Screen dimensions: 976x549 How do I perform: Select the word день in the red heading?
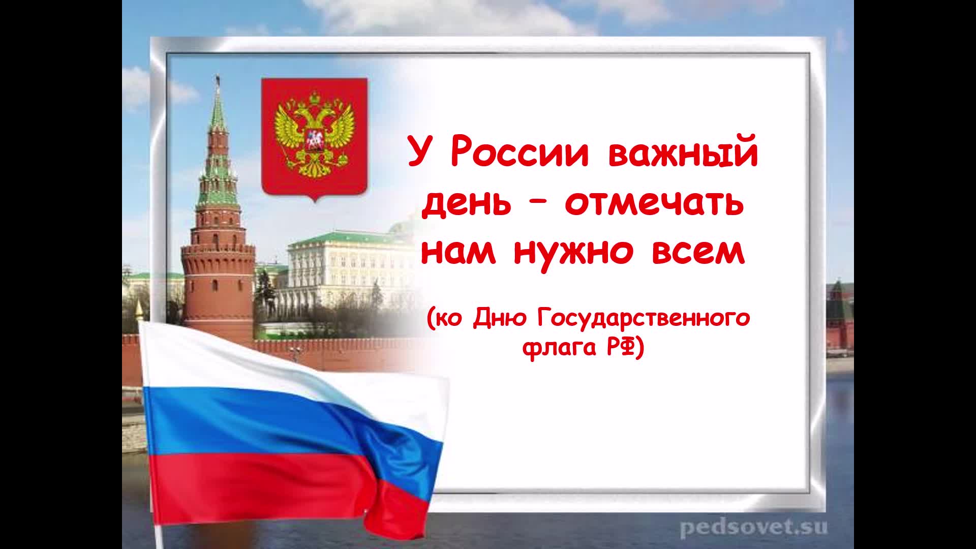pos(466,204)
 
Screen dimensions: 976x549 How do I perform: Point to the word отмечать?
pos(654,203)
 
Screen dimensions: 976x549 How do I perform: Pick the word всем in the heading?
pos(698,252)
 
